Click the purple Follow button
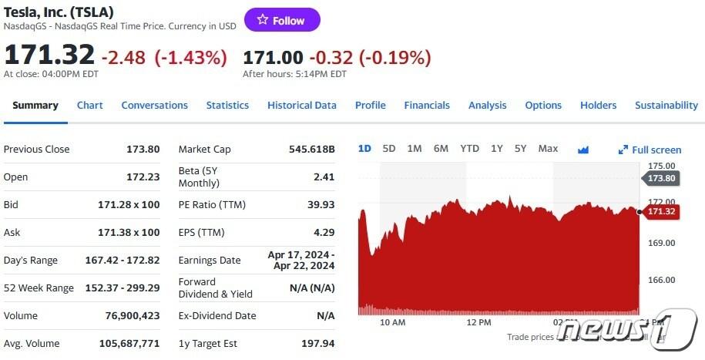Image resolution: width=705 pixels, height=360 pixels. (282, 20)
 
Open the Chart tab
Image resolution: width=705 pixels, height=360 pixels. (89, 106)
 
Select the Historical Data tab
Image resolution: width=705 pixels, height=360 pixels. (301, 106)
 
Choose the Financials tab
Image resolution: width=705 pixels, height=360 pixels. (427, 106)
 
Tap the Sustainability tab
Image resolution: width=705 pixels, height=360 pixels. (666, 106)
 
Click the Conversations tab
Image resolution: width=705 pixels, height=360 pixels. (154, 106)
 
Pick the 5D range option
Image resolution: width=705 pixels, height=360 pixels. (388, 149)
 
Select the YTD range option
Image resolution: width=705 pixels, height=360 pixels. (469, 149)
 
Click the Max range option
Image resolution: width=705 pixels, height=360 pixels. (548, 149)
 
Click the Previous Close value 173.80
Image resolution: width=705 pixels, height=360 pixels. (143, 150)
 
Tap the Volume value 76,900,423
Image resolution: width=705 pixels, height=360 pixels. (132, 316)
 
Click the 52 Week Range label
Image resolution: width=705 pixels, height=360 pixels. (39, 288)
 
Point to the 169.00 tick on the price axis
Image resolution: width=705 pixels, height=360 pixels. (661, 243)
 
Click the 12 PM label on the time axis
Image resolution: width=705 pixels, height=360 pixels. (478, 322)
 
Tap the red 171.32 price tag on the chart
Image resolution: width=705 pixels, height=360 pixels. (661, 212)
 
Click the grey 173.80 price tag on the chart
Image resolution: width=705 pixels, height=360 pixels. (660, 178)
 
